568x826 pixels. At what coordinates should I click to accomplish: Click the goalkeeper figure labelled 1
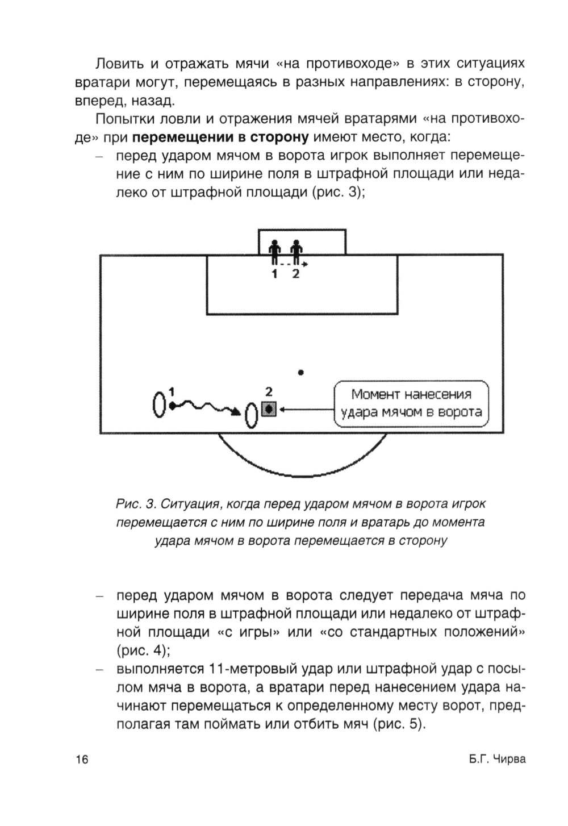tap(275, 252)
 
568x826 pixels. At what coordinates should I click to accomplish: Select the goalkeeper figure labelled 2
tap(295, 252)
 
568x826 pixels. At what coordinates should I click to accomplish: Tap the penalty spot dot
tap(301, 373)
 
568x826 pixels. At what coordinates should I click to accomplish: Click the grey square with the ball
tap(269, 409)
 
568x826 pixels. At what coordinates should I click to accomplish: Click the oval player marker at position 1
tap(159, 404)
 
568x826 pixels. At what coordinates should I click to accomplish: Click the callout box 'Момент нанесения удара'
tap(411, 403)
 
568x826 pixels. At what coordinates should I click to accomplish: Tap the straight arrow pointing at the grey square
tap(307, 409)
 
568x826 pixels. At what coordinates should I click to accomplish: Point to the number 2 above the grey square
tap(269, 392)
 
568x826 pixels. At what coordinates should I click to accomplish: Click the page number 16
tap(82, 760)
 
